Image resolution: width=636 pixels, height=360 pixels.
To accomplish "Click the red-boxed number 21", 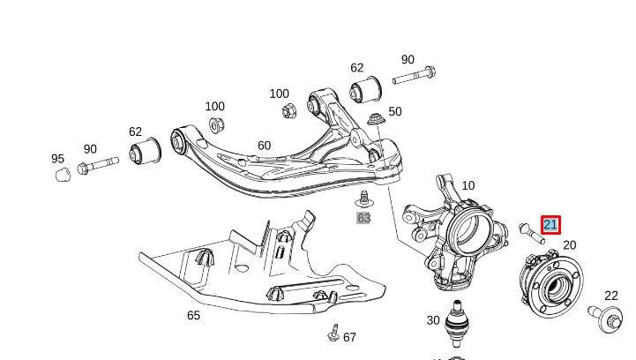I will [x=550, y=225].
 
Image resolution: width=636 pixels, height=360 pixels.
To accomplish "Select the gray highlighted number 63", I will [x=363, y=218].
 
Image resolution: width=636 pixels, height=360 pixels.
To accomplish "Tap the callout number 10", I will [x=468, y=186].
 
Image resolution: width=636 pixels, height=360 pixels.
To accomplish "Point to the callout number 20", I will [x=569, y=245].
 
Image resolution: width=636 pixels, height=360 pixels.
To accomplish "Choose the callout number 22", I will [x=611, y=296].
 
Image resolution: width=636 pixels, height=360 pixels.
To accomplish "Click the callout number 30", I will [x=433, y=320].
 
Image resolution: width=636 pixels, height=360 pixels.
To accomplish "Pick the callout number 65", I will [x=193, y=315].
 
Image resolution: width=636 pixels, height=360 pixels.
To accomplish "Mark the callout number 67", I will [x=349, y=337].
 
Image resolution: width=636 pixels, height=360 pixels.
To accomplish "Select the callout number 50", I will [x=394, y=112].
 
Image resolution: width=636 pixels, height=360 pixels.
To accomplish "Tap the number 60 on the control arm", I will [x=264, y=146].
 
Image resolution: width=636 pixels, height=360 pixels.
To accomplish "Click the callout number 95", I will [x=58, y=159].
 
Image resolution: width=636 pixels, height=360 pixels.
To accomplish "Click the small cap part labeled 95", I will [x=63, y=175].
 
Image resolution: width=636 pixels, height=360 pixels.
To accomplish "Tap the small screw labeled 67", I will [x=333, y=333].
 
